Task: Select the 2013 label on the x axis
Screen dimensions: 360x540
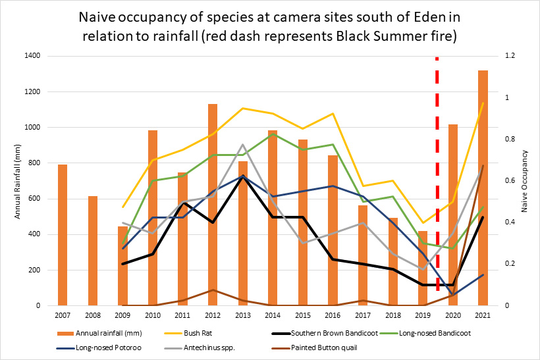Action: [243, 317]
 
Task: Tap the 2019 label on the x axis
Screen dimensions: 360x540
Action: [423, 317]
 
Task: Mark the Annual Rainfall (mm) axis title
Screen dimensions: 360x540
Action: [18, 180]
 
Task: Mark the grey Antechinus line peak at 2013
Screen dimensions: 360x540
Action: [243, 145]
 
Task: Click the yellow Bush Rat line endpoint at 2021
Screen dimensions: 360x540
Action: [483, 103]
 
